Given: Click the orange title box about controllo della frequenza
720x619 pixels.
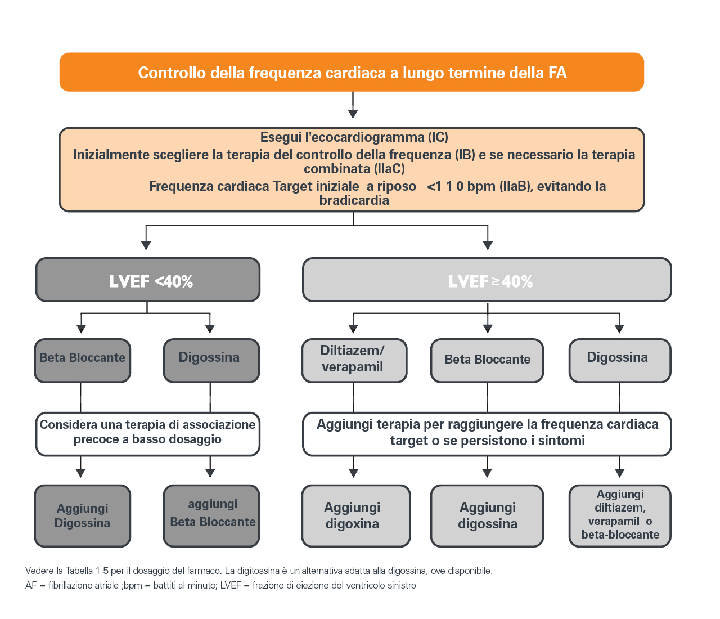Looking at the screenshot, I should pos(352,72).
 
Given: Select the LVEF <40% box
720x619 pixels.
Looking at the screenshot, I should pos(148,280).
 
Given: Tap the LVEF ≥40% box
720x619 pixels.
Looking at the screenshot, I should pos(487,280).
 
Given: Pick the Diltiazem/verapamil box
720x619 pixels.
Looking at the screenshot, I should pos(354,360).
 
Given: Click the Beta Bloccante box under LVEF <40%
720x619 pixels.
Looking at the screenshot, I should pos(83,360).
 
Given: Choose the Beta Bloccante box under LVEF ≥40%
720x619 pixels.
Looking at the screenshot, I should pos(487,360).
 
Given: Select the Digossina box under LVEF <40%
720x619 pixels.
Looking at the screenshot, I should pos(211,360).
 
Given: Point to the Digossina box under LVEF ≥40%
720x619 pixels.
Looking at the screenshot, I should pos(620,360).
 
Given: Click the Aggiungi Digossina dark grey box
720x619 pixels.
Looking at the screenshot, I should pos(83,515).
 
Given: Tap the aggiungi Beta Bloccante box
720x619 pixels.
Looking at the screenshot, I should pos(211,515).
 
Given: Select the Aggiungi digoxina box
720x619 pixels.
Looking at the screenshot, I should pos(355,515).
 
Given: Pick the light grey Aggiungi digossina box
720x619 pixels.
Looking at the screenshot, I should pos(487,515).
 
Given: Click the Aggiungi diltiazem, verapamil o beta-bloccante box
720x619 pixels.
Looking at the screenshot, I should pos(620,515).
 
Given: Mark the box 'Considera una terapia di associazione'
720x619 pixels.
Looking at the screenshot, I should pos(148,433).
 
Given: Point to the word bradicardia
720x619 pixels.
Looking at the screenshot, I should pos(354,200).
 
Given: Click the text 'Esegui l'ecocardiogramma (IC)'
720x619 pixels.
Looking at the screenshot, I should pos(354,137).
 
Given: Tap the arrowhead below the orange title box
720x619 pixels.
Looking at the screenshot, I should pos(353,114).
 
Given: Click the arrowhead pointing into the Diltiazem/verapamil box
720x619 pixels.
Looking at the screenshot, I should pos(353,329).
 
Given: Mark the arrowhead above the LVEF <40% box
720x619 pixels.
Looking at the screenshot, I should pos(146,245).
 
